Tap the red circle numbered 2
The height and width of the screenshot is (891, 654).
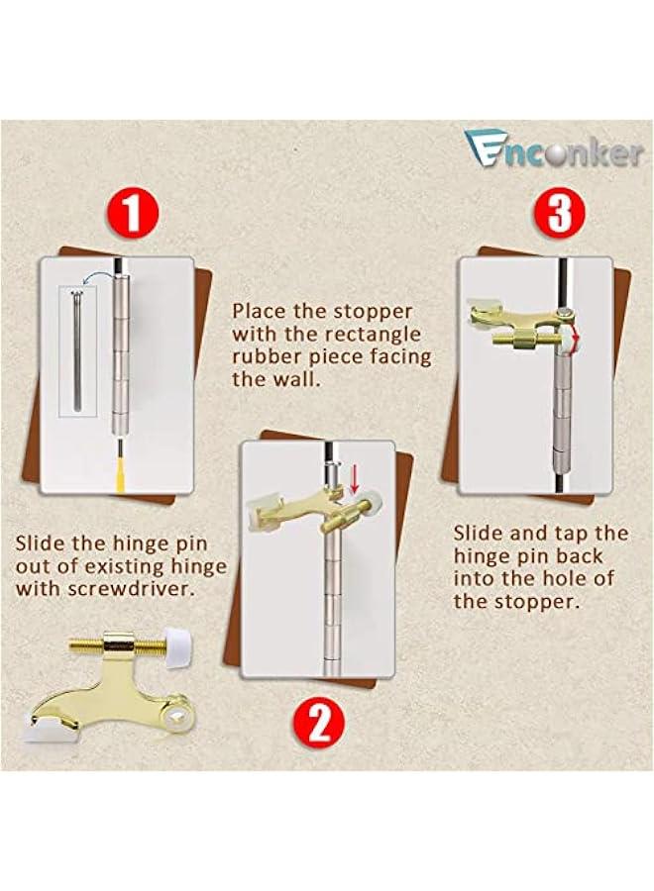(x=319, y=724)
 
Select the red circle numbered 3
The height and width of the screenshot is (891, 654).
(x=560, y=212)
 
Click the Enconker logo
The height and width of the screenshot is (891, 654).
(x=553, y=148)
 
